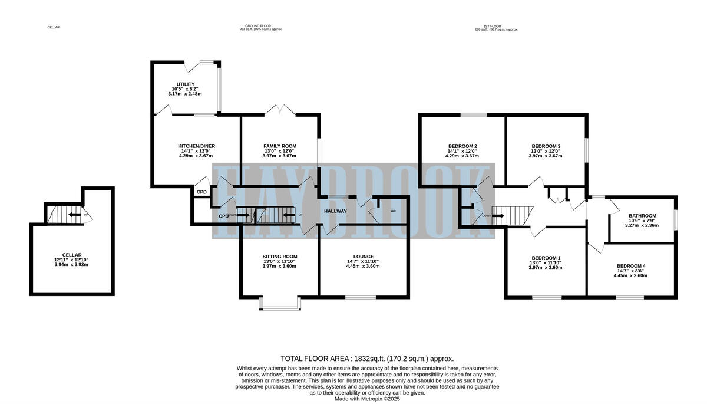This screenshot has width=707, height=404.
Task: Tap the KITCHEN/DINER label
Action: (x=196, y=146)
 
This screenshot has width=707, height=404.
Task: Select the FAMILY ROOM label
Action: (x=279, y=146)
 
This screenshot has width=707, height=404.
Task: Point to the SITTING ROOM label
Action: (x=279, y=257)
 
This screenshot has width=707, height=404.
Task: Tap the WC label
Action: (x=394, y=211)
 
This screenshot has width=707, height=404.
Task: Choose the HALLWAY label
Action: (x=335, y=211)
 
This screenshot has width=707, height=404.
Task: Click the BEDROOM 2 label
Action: (x=462, y=146)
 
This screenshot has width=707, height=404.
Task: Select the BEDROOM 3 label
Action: (x=546, y=146)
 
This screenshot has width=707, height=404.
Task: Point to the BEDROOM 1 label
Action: (x=546, y=258)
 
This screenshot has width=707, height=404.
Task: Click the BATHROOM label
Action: (x=642, y=216)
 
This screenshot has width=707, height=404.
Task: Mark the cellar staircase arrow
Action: (x=75, y=215)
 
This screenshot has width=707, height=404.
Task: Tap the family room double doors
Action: (x=280, y=110)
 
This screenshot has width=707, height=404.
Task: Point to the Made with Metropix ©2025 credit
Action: (x=367, y=399)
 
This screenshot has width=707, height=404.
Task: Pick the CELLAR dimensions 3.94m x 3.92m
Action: (x=72, y=264)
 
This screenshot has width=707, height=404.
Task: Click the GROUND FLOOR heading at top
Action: (x=260, y=25)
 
